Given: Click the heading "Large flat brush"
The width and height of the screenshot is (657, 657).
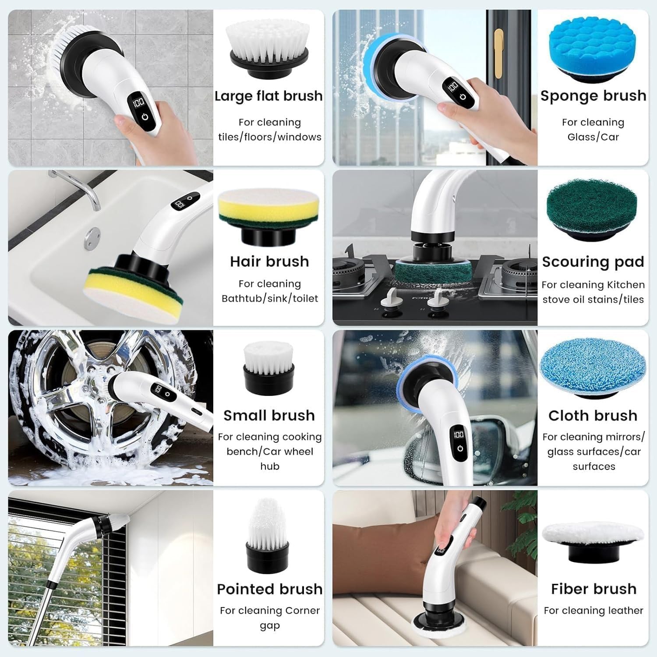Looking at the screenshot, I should point(268,96).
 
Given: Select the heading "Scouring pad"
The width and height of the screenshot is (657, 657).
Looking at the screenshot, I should point(593,262).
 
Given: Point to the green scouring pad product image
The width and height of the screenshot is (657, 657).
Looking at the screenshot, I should point(592,209).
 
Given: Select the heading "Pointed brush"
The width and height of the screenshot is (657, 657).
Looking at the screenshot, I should point(269,589).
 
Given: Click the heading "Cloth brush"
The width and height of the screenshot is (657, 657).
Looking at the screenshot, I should point(593,415).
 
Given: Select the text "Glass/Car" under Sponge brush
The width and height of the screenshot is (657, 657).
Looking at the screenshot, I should point(593,137).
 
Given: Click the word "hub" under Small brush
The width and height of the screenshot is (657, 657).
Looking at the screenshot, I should point(270,466).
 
